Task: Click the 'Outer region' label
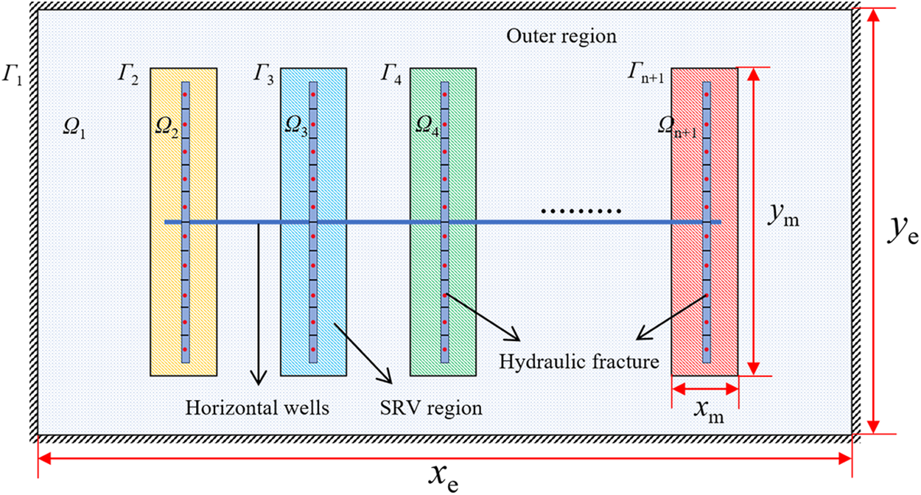click(561, 36)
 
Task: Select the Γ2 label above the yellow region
click(127, 74)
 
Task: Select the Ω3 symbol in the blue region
click(295, 127)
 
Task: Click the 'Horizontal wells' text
click(257, 407)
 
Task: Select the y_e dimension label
click(900, 235)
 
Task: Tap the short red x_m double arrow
click(705, 388)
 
